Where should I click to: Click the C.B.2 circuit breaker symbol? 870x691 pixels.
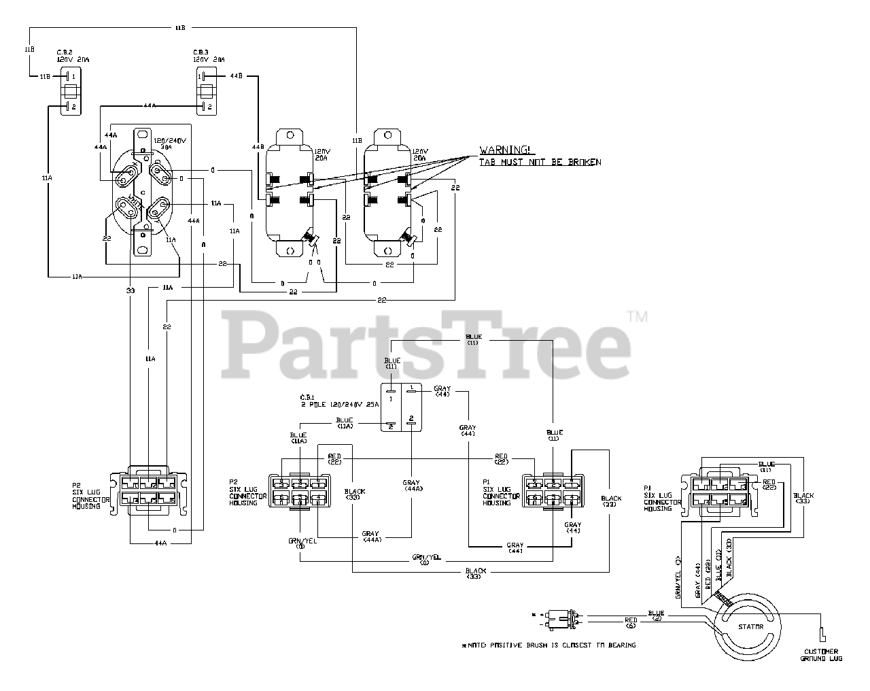click(x=71, y=91)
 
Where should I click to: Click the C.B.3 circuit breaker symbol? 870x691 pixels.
click(x=205, y=91)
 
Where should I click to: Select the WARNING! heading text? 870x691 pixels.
click(x=504, y=150)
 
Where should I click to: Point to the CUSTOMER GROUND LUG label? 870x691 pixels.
click(x=821, y=654)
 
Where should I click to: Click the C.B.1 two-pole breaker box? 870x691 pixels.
click(x=401, y=407)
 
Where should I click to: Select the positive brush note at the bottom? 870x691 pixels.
click(x=549, y=645)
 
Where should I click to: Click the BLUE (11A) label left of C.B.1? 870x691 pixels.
click(x=345, y=422)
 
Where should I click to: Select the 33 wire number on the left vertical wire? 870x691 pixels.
click(x=130, y=290)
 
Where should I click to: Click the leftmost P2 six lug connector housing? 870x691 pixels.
click(x=152, y=490)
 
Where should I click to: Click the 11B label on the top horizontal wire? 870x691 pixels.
click(x=180, y=29)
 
